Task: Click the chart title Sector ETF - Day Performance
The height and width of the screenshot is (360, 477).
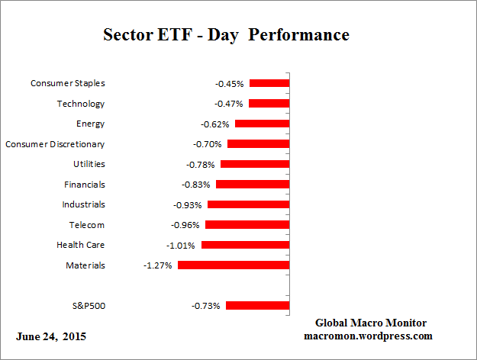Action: [x=226, y=36]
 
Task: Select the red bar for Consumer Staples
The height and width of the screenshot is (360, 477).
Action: [x=269, y=83]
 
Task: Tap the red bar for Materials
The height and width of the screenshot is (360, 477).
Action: [x=234, y=265]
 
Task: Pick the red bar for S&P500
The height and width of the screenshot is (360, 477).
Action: [x=257, y=306]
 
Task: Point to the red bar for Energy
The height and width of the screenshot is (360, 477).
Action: [x=262, y=124]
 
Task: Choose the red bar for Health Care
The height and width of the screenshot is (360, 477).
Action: [x=245, y=246]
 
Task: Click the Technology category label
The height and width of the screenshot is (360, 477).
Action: [x=81, y=104]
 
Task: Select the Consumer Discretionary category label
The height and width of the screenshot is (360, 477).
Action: [x=55, y=144]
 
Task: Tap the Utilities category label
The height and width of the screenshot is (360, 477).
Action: [x=89, y=164]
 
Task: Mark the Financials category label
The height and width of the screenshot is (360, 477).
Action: [x=84, y=185]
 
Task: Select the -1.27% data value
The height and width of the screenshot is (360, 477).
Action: [x=159, y=265]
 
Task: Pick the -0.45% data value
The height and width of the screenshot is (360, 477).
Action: [x=230, y=83]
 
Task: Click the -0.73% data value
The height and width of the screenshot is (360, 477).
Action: [x=206, y=306]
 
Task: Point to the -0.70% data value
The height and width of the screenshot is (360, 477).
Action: [x=208, y=144]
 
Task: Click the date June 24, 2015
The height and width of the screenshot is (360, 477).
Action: [x=51, y=336]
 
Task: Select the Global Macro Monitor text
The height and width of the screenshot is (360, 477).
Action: [x=371, y=323]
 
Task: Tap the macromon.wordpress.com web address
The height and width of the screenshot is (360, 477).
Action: [x=369, y=336]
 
